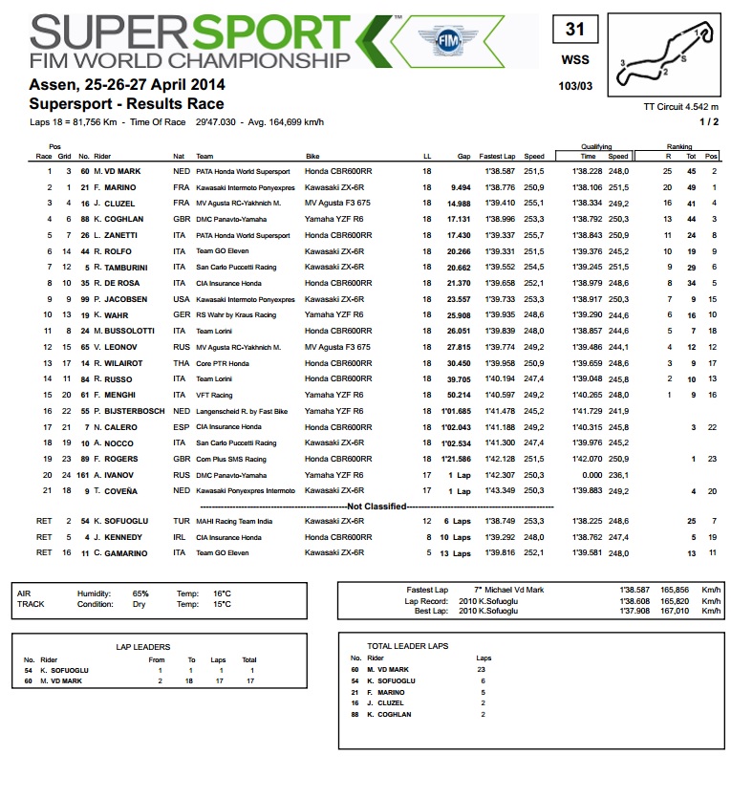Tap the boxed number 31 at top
pyautogui.click(x=574, y=30)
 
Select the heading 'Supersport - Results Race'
pyautogui.click(x=127, y=103)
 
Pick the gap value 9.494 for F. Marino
pyautogui.click(x=461, y=187)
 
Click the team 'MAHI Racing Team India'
pyautogui.click(x=234, y=521)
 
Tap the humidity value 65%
pyautogui.click(x=140, y=593)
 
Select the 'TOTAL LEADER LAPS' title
pyautogui.click(x=408, y=646)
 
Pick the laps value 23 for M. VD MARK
pyautogui.click(x=481, y=669)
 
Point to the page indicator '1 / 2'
pyautogui.click(x=709, y=121)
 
